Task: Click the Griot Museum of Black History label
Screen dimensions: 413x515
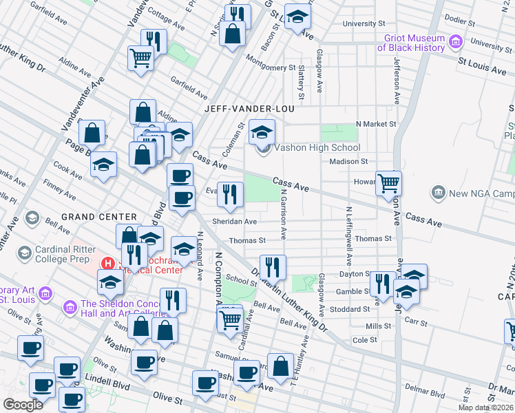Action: coord(411,43)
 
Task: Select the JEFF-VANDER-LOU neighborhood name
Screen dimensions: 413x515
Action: coord(249,109)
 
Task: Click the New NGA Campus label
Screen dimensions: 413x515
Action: coord(481,193)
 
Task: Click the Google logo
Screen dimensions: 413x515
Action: coord(23,404)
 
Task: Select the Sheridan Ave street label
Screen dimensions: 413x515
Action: coord(235,222)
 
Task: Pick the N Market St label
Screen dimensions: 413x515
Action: coord(376,124)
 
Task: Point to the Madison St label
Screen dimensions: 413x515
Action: coord(348,161)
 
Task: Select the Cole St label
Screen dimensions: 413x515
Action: coord(364,340)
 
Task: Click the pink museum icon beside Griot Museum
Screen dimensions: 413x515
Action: coord(454,43)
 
